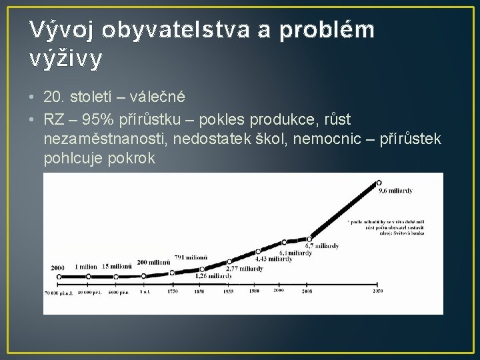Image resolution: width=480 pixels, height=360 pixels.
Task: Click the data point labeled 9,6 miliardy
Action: pyautogui.click(x=379, y=182)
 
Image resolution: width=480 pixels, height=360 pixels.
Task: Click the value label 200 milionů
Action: pyautogui.click(x=153, y=262)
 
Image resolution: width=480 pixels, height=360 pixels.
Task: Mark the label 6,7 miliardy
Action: pyautogui.click(x=322, y=246)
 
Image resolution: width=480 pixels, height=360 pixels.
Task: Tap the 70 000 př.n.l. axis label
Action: pyautogui.click(x=59, y=293)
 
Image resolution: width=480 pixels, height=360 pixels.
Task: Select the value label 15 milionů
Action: pyautogui.click(x=117, y=267)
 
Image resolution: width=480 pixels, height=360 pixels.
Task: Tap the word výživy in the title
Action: pyautogui.click(x=67, y=59)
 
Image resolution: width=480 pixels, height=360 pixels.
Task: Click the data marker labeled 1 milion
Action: pyautogui.click(x=87, y=276)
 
